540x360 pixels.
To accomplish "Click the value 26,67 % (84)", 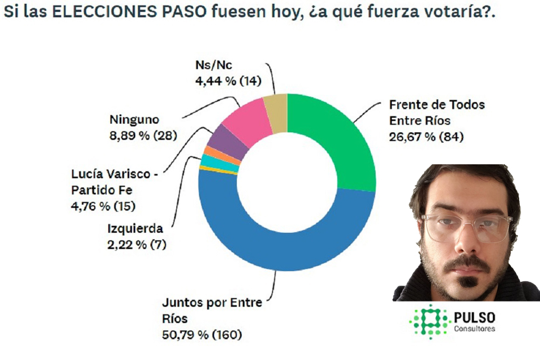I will tap(426, 136).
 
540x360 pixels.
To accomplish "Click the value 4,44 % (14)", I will tap(228, 81).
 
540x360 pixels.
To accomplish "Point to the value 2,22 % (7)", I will tap(137, 244).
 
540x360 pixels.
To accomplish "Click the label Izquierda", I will tap(135, 229).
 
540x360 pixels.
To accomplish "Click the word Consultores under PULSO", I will tap(474, 328).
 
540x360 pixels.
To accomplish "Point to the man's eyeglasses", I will tap(467, 228).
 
